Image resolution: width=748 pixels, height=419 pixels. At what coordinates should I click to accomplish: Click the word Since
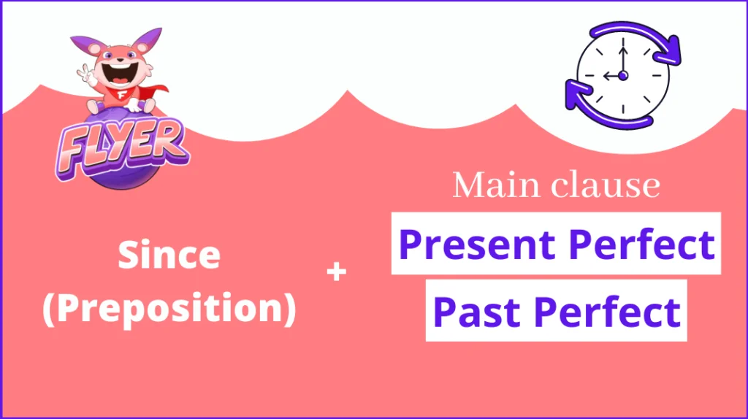tap(169, 255)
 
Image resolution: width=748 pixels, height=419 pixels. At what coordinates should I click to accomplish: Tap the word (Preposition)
tap(169, 309)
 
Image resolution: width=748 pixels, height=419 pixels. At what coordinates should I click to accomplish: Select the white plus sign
tap(336, 272)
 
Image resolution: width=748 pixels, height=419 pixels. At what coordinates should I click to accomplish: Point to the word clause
tap(606, 185)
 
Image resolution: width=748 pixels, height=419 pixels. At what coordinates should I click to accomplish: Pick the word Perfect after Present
tap(642, 244)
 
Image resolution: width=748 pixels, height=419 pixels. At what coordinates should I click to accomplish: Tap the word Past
tap(476, 312)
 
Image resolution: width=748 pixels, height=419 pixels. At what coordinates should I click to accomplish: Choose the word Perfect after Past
tap(607, 312)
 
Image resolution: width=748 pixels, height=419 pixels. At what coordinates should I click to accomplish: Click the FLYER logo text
tap(123, 146)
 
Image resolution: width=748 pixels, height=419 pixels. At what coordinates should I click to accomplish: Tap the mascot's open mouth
tap(119, 74)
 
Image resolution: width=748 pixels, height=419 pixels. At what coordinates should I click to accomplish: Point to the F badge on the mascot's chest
tap(122, 95)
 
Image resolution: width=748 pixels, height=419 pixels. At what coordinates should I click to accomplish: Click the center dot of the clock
tap(622, 75)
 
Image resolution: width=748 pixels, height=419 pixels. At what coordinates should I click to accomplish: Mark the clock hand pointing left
tap(613, 76)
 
